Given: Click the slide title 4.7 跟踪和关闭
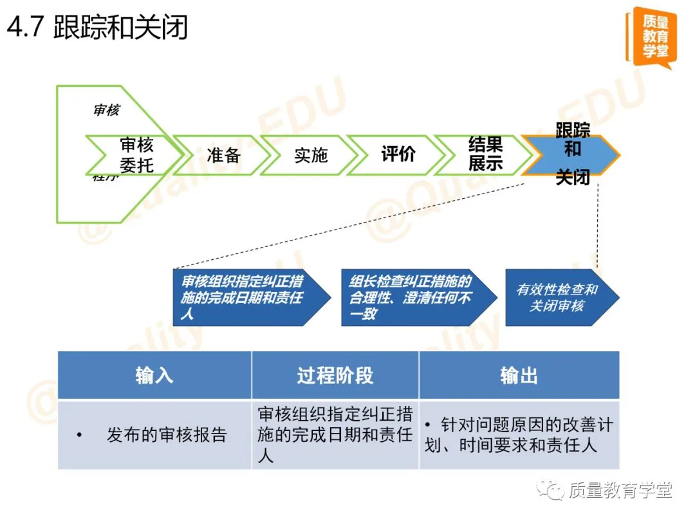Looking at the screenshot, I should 97,29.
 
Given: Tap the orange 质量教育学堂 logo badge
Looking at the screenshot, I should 651,37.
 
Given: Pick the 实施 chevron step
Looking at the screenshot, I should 310,155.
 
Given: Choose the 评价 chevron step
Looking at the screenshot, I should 397,155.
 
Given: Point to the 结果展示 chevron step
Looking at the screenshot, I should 484,155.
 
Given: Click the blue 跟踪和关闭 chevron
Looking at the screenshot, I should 571,155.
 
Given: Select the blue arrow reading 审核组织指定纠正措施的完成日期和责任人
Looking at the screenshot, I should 248,298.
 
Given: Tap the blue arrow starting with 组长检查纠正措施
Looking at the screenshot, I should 415,298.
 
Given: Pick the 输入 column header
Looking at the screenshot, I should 154,376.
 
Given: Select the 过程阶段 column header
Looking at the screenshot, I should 335,376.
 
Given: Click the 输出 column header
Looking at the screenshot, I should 519,376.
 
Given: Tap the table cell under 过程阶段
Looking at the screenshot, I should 335,435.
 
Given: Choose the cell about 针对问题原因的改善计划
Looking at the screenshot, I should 519,435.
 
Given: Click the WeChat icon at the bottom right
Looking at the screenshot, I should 551,490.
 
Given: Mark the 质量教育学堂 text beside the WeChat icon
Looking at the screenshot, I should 620,491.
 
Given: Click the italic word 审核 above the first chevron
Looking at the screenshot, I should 106,110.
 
